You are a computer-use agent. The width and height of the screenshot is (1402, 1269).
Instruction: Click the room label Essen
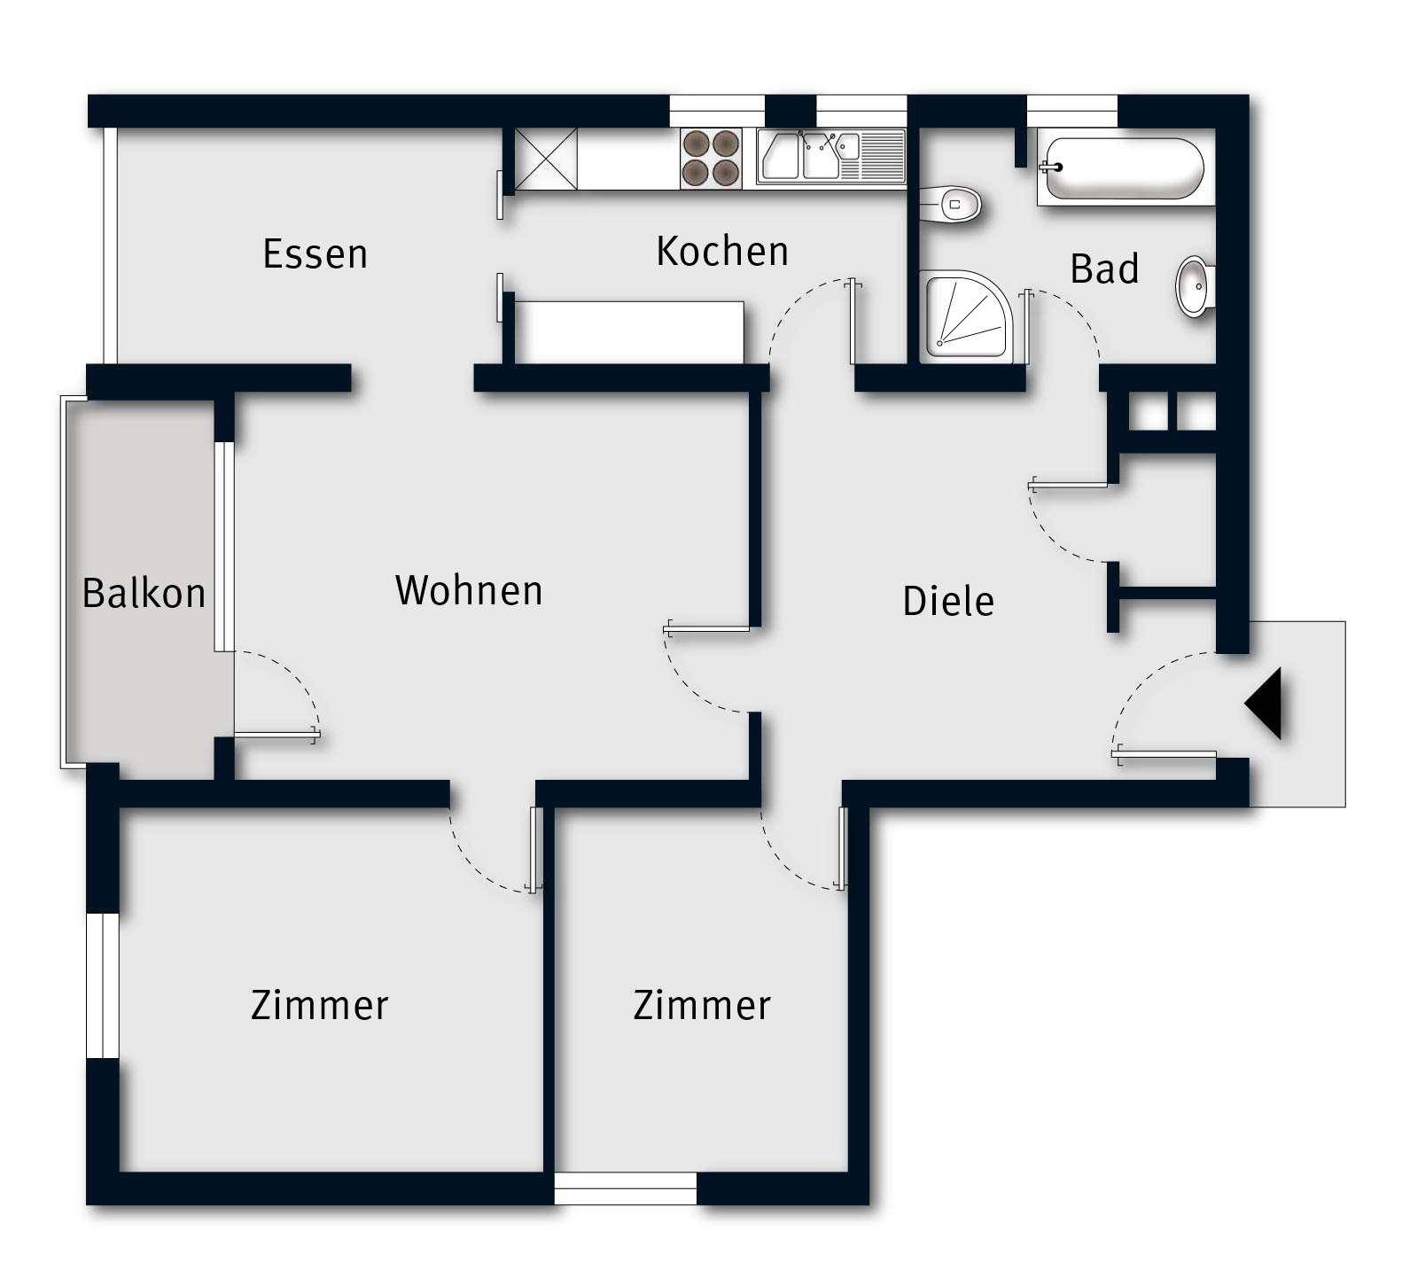[x=315, y=253]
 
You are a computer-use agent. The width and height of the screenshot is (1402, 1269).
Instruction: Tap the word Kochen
[x=722, y=251]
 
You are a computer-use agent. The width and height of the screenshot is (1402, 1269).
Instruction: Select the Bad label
[x=1104, y=269]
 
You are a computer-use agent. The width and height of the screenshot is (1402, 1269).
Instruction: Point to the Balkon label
[x=144, y=592]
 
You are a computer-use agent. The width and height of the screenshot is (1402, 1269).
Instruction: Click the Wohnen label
[x=469, y=590]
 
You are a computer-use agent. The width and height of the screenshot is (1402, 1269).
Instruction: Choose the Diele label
[x=948, y=601]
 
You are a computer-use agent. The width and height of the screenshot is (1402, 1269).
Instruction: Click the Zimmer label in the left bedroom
[x=320, y=1005]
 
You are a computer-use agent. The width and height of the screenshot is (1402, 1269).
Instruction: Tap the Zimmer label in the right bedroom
[x=702, y=1005]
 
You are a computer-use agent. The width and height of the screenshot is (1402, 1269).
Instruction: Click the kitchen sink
[x=831, y=157]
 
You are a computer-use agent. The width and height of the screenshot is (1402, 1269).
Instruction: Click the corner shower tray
[x=970, y=315]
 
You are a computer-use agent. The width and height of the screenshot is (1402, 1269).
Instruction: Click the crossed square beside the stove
[x=545, y=159]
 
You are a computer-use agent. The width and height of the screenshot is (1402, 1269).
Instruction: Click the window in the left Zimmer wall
[x=102, y=985]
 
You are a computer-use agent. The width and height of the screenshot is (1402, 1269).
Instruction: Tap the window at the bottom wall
[x=626, y=1188]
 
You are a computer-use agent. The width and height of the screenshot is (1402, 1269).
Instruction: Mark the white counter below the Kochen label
[x=628, y=331]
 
